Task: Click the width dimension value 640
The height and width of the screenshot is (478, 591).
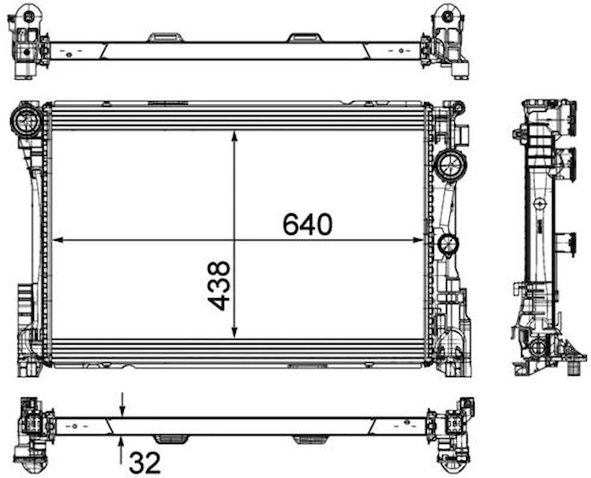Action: point(308,224)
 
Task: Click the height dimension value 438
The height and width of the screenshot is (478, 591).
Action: point(218,286)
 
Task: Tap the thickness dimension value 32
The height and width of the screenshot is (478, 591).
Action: point(145,463)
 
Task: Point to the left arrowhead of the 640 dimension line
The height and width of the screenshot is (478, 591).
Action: point(57,240)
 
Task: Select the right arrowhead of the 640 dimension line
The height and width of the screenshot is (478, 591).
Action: point(418,240)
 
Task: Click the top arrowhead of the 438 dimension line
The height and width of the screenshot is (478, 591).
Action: point(234,136)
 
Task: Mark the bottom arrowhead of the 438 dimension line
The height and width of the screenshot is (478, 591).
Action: point(234,332)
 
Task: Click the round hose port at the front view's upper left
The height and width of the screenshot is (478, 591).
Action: point(27,121)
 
